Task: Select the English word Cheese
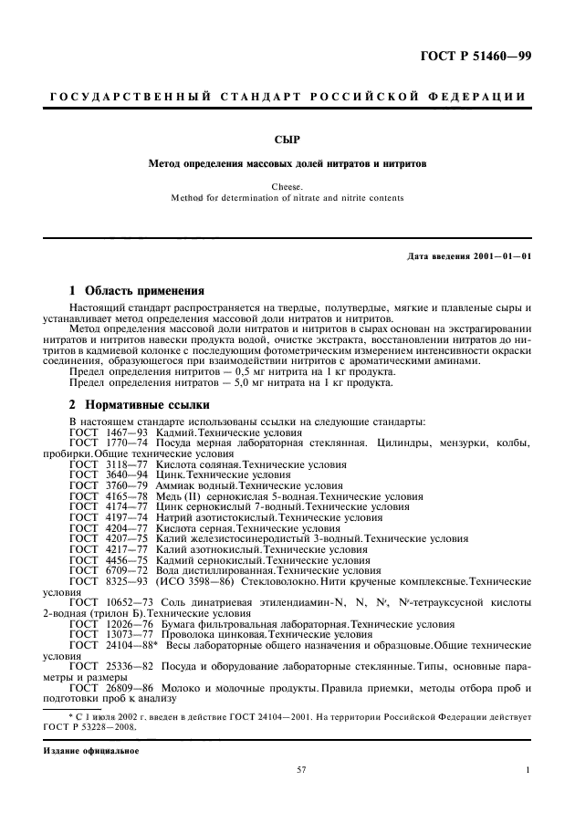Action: (x=287, y=186)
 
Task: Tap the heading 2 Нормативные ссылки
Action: (x=140, y=403)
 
